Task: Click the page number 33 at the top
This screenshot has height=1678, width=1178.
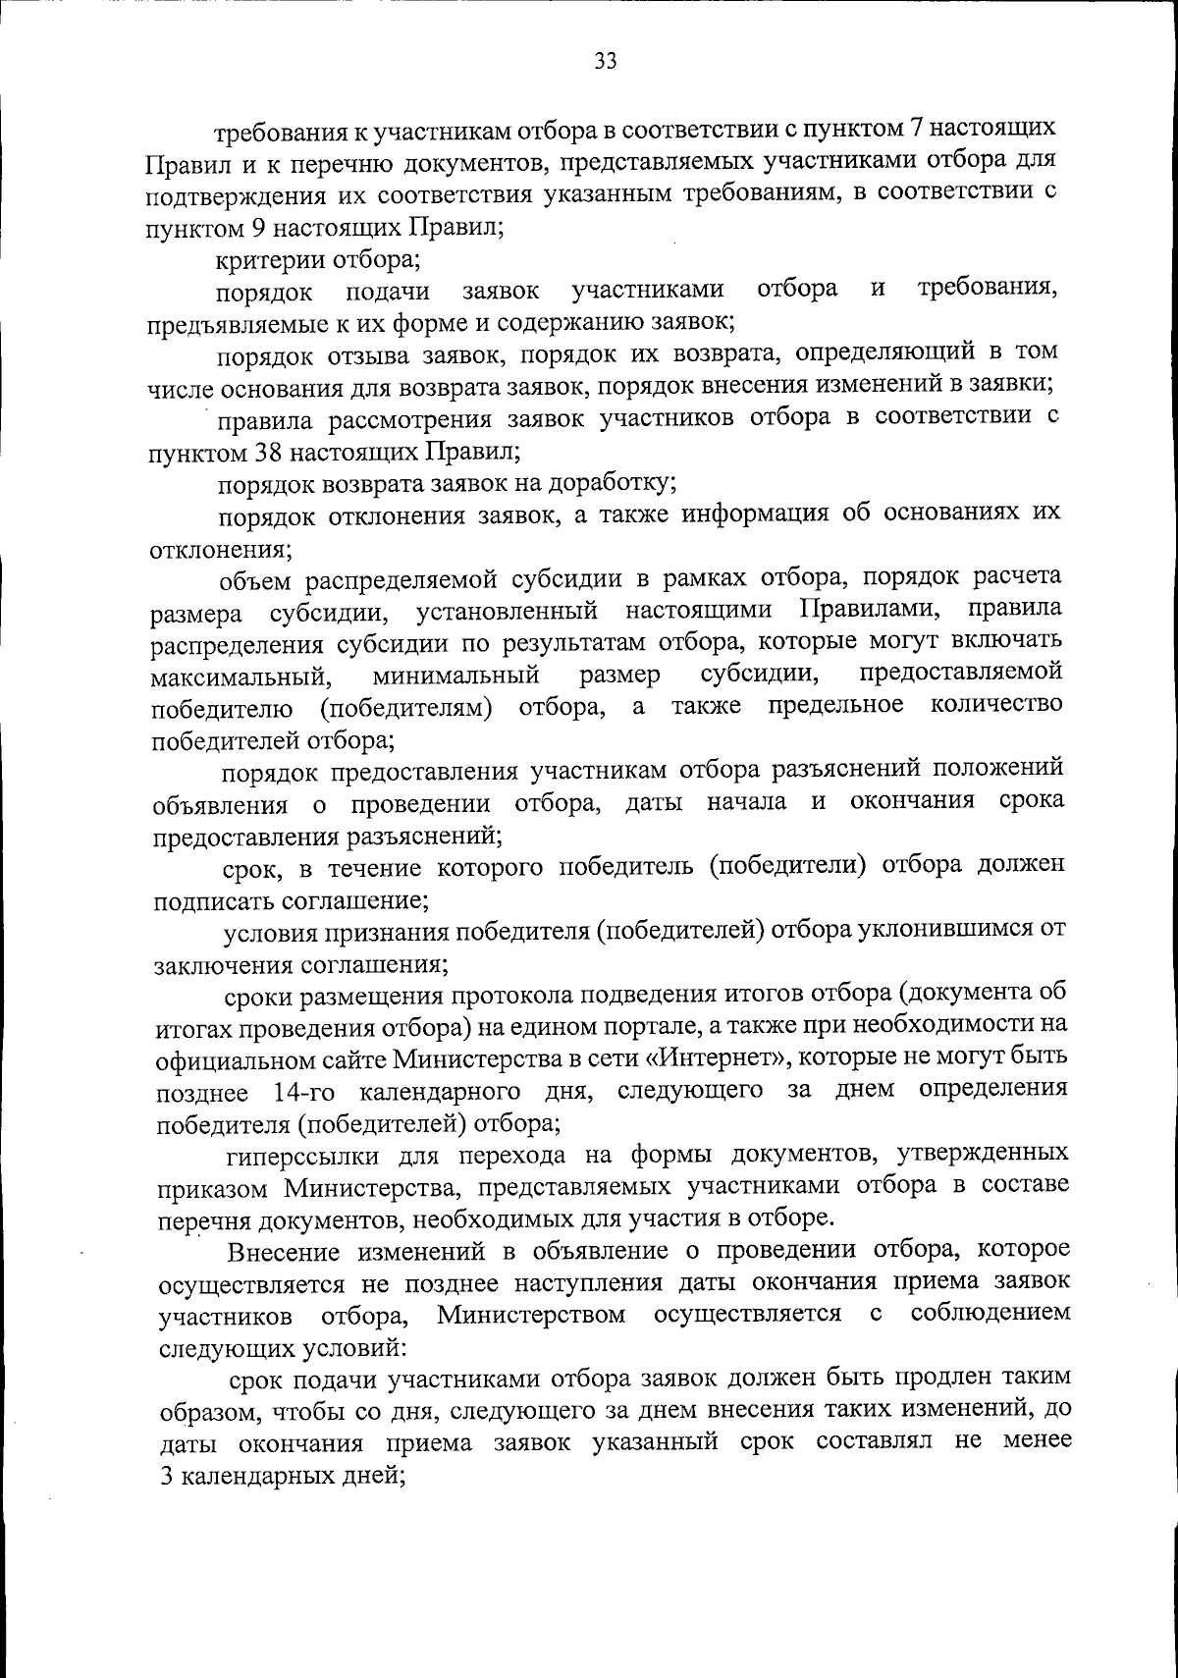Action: [x=605, y=62]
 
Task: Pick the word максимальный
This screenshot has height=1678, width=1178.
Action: [x=239, y=677]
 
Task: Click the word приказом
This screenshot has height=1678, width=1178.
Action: [x=212, y=1187]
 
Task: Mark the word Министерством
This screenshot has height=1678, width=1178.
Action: [x=531, y=1315]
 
